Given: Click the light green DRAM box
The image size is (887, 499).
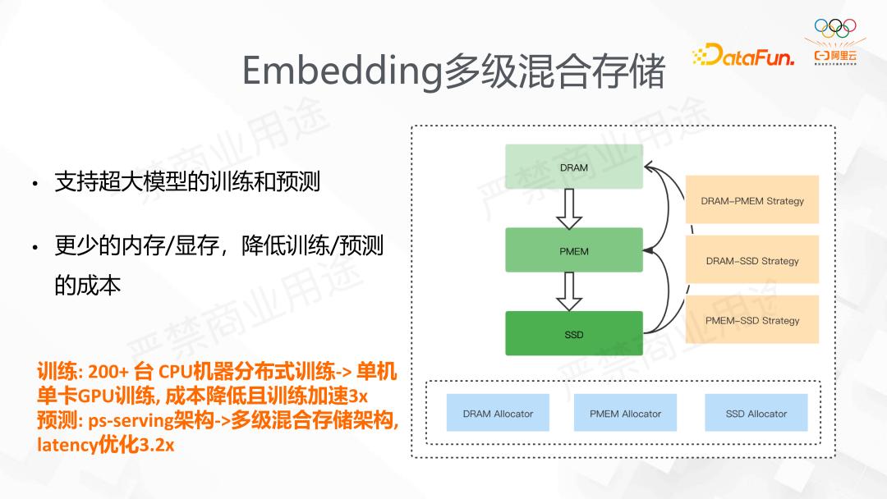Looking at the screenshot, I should point(574,167).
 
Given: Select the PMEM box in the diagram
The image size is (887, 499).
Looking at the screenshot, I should point(574,250).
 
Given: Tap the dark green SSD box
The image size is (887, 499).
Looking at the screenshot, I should point(574,334).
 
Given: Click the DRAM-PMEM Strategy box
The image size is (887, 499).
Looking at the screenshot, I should point(752,200).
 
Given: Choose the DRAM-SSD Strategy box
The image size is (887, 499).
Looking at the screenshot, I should point(752,260).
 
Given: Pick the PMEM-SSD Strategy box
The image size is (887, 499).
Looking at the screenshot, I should point(752,320).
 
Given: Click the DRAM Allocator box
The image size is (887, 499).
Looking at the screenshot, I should point(498,414).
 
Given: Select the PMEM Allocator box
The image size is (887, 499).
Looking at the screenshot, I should point(625,414).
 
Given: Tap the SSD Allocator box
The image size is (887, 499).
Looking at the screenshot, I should point(756,414).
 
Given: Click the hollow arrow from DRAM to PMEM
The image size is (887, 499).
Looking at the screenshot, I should point(568,209).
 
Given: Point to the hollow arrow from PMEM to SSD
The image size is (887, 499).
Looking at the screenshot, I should point(568,291).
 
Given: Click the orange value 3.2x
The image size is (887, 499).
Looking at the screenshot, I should point(157,446).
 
